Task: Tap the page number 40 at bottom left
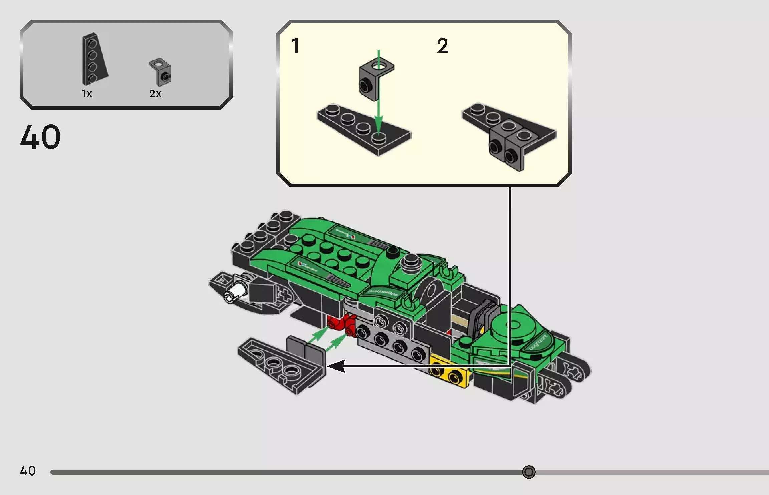tap(28, 471)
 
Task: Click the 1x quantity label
tap(87, 94)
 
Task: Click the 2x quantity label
tap(155, 94)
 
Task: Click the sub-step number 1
tap(295, 46)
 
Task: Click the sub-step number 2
tap(442, 46)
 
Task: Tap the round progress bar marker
tap(529, 472)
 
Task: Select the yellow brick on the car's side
tap(449, 371)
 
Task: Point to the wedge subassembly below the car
tap(284, 364)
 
